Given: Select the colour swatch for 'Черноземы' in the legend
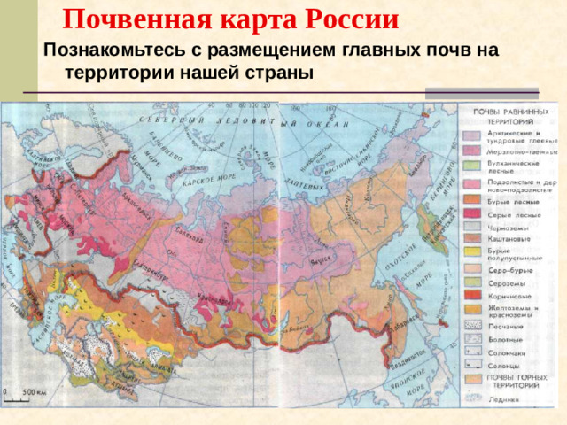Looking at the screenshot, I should pos(472,228).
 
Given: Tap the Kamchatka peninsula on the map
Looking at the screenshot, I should pos(435,212).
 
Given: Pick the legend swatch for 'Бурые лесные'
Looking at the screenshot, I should pos(472,202).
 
